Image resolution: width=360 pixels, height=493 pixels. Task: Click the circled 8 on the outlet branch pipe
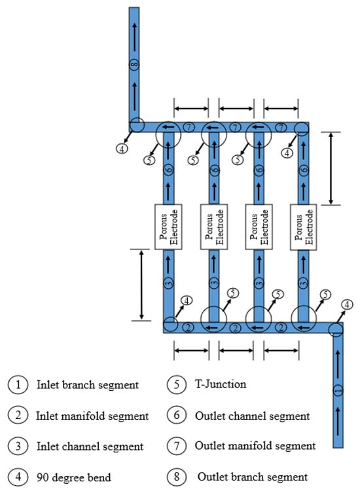click(x=134, y=65)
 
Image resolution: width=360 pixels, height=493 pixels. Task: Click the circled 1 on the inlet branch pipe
click(x=338, y=390)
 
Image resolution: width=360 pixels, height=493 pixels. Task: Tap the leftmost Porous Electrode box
click(x=168, y=227)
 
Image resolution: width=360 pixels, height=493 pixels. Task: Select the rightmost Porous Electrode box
click(x=304, y=227)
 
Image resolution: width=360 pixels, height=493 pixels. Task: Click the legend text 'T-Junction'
click(x=221, y=384)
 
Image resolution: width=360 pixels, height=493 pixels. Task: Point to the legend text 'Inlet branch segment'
click(x=88, y=384)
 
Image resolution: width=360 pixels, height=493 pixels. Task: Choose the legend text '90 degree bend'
click(x=74, y=477)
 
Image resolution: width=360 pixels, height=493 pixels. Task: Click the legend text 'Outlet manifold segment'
click(x=255, y=445)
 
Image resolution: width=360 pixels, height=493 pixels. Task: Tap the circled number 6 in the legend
click(x=177, y=415)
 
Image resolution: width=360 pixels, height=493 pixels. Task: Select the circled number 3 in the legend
click(x=18, y=446)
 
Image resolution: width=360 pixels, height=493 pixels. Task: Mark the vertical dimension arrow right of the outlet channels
click(x=331, y=168)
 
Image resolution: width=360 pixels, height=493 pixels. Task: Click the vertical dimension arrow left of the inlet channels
click(x=141, y=285)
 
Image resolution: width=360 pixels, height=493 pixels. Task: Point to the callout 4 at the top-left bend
click(x=122, y=148)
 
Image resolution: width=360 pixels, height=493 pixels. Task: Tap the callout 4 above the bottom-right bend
click(x=347, y=304)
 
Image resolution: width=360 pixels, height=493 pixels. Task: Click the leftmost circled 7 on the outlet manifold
click(x=189, y=127)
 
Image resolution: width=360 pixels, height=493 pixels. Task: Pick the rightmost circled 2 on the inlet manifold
click(x=281, y=327)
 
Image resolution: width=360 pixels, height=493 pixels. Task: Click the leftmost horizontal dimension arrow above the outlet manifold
click(x=191, y=109)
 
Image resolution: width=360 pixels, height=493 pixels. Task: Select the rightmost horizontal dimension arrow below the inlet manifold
click(x=281, y=350)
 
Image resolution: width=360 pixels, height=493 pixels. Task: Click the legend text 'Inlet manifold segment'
click(x=92, y=416)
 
